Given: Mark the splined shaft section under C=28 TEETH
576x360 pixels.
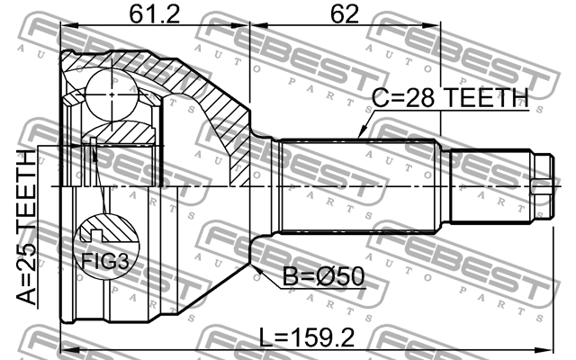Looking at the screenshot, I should click(x=360, y=184).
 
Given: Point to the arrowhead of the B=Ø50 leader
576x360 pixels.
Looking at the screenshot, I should click(x=256, y=267).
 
